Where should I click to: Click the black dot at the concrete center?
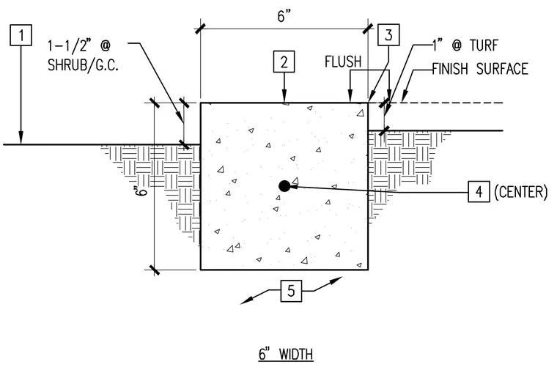click(x=284, y=185)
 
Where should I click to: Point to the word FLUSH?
click(x=343, y=62)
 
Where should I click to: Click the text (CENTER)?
click(x=521, y=192)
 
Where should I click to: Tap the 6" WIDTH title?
click(x=286, y=354)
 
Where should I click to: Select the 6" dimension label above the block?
click(x=284, y=16)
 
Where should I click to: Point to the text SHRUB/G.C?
click(x=83, y=65)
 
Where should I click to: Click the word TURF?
click(x=484, y=45)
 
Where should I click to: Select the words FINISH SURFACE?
click(x=480, y=69)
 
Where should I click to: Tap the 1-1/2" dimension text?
click(x=70, y=45)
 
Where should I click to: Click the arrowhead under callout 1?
click(x=21, y=138)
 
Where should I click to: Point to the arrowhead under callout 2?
click(x=284, y=97)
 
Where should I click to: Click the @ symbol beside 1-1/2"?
click(x=105, y=45)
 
